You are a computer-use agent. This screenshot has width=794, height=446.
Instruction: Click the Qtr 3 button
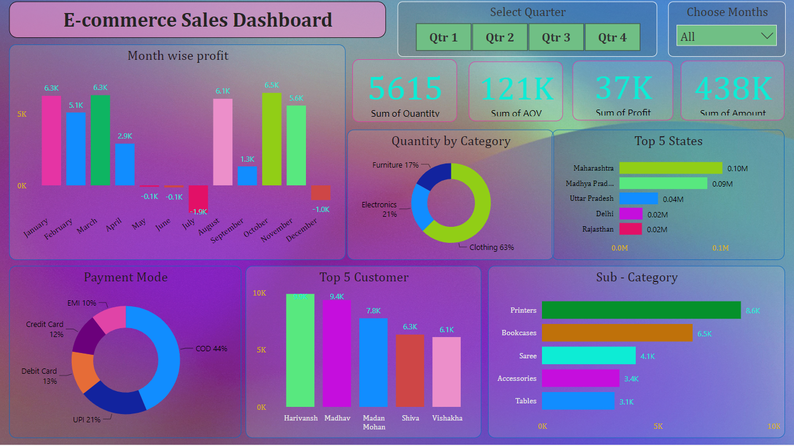click(556, 37)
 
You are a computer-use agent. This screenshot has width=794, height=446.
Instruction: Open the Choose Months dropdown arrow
click(767, 36)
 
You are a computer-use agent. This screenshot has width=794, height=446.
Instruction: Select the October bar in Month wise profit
click(272, 139)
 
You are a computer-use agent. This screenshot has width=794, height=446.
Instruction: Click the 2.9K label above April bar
click(125, 136)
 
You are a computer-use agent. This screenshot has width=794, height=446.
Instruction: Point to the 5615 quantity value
click(405, 88)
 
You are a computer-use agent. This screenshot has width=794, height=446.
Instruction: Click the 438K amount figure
click(733, 88)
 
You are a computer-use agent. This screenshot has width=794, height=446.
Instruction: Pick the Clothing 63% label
click(492, 247)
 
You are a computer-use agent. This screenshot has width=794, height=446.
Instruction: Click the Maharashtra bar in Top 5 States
click(671, 168)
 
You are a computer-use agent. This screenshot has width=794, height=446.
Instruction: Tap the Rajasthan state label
click(598, 229)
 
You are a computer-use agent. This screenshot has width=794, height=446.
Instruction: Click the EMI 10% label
click(82, 303)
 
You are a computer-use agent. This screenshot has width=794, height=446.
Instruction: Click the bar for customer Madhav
click(337, 354)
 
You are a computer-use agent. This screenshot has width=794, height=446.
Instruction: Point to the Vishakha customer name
click(447, 418)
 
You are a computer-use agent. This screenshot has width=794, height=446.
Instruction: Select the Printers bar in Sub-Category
click(641, 310)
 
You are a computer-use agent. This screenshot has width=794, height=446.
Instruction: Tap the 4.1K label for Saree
click(648, 357)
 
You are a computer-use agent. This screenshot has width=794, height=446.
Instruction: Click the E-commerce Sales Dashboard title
click(197, 20)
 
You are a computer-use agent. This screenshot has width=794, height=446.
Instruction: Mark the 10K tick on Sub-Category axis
click(774, 426)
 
